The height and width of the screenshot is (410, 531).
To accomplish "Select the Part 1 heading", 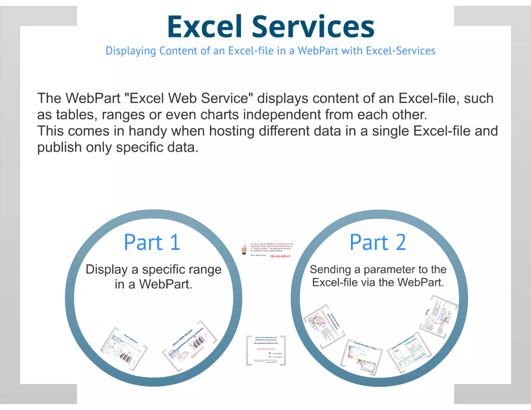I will pyautogui.click(x=152, y=242).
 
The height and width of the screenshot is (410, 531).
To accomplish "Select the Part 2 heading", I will pyautogui.click(x=378, y=242).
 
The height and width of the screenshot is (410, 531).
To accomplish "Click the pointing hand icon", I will pyautogui.click(x=244, y=249).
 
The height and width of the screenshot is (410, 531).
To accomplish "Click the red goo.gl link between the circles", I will pyautogui.click(x=280, y=256).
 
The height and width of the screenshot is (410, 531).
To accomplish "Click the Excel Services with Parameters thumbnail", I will pyautogui.click(x=324, y=325).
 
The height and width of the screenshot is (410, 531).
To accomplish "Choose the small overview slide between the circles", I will pyautogui.click(x=266, y=350).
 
